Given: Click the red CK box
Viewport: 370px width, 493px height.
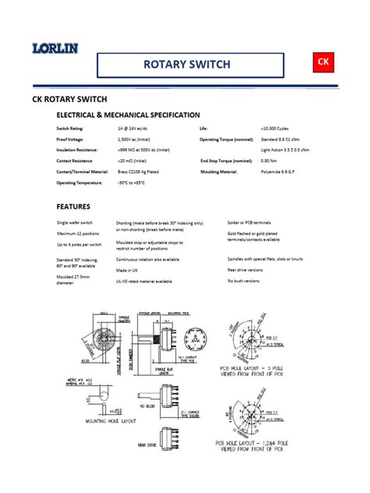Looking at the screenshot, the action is coord(324,61).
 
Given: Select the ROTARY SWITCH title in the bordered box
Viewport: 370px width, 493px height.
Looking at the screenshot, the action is coord(187,65).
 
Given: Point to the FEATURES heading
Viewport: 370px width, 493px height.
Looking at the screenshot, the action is coord(73,207).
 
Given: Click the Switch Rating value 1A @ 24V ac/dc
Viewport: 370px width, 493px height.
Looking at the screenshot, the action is coord(135,127).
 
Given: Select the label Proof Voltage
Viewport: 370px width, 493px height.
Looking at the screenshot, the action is coord(70,138).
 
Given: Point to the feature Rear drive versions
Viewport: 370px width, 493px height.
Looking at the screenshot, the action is coord(245,269).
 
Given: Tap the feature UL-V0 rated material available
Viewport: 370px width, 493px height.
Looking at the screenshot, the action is coord(144,281).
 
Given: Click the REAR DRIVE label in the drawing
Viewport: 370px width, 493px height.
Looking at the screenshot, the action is coord(148,446).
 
